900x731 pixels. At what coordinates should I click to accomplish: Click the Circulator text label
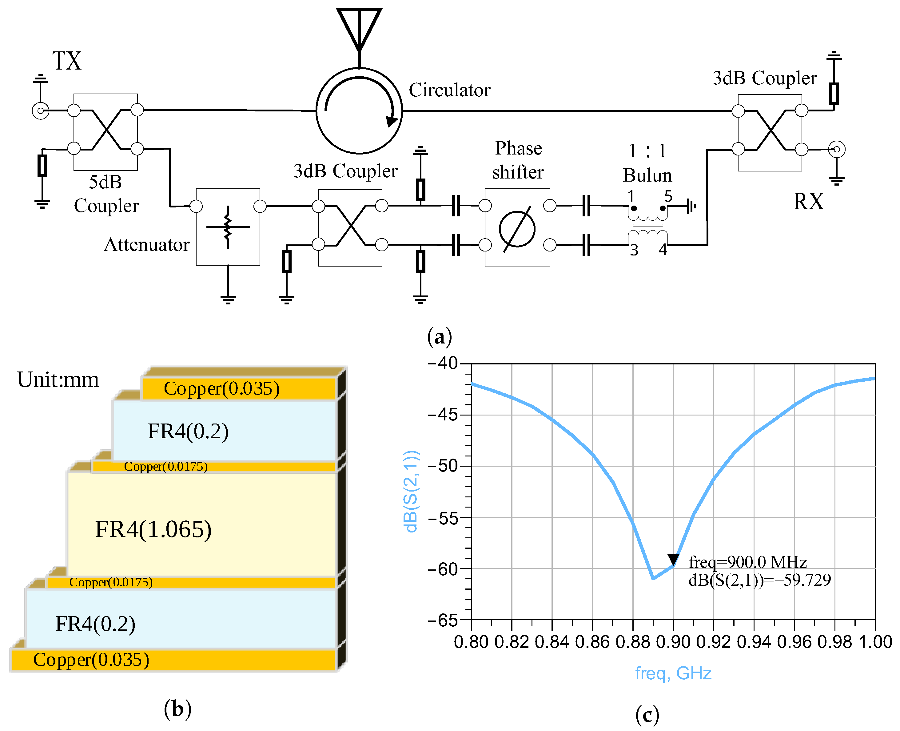449,90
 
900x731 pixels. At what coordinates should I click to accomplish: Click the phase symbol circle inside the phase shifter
517,229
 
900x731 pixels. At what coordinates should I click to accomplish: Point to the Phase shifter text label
518,160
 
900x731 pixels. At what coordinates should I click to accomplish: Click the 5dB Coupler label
106,194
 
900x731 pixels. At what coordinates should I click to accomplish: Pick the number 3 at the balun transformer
634,251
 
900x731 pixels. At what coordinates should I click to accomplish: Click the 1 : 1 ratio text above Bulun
647,151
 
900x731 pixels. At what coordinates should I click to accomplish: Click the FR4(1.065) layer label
153,529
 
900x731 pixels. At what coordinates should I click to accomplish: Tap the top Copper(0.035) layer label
221,388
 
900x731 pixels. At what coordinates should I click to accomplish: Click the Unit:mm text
58,380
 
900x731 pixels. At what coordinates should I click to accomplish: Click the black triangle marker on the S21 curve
673,560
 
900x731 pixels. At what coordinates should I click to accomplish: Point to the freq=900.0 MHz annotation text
747,562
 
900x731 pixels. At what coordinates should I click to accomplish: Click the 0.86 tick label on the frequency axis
592,642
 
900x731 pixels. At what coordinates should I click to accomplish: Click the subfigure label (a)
439,337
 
